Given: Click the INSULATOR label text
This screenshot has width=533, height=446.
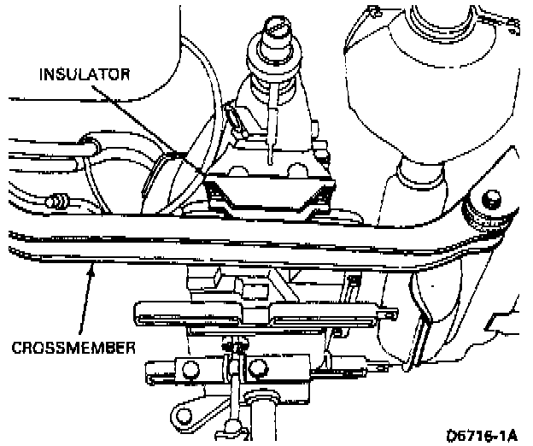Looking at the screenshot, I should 85,74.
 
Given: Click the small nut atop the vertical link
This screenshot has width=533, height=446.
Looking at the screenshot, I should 229,346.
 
